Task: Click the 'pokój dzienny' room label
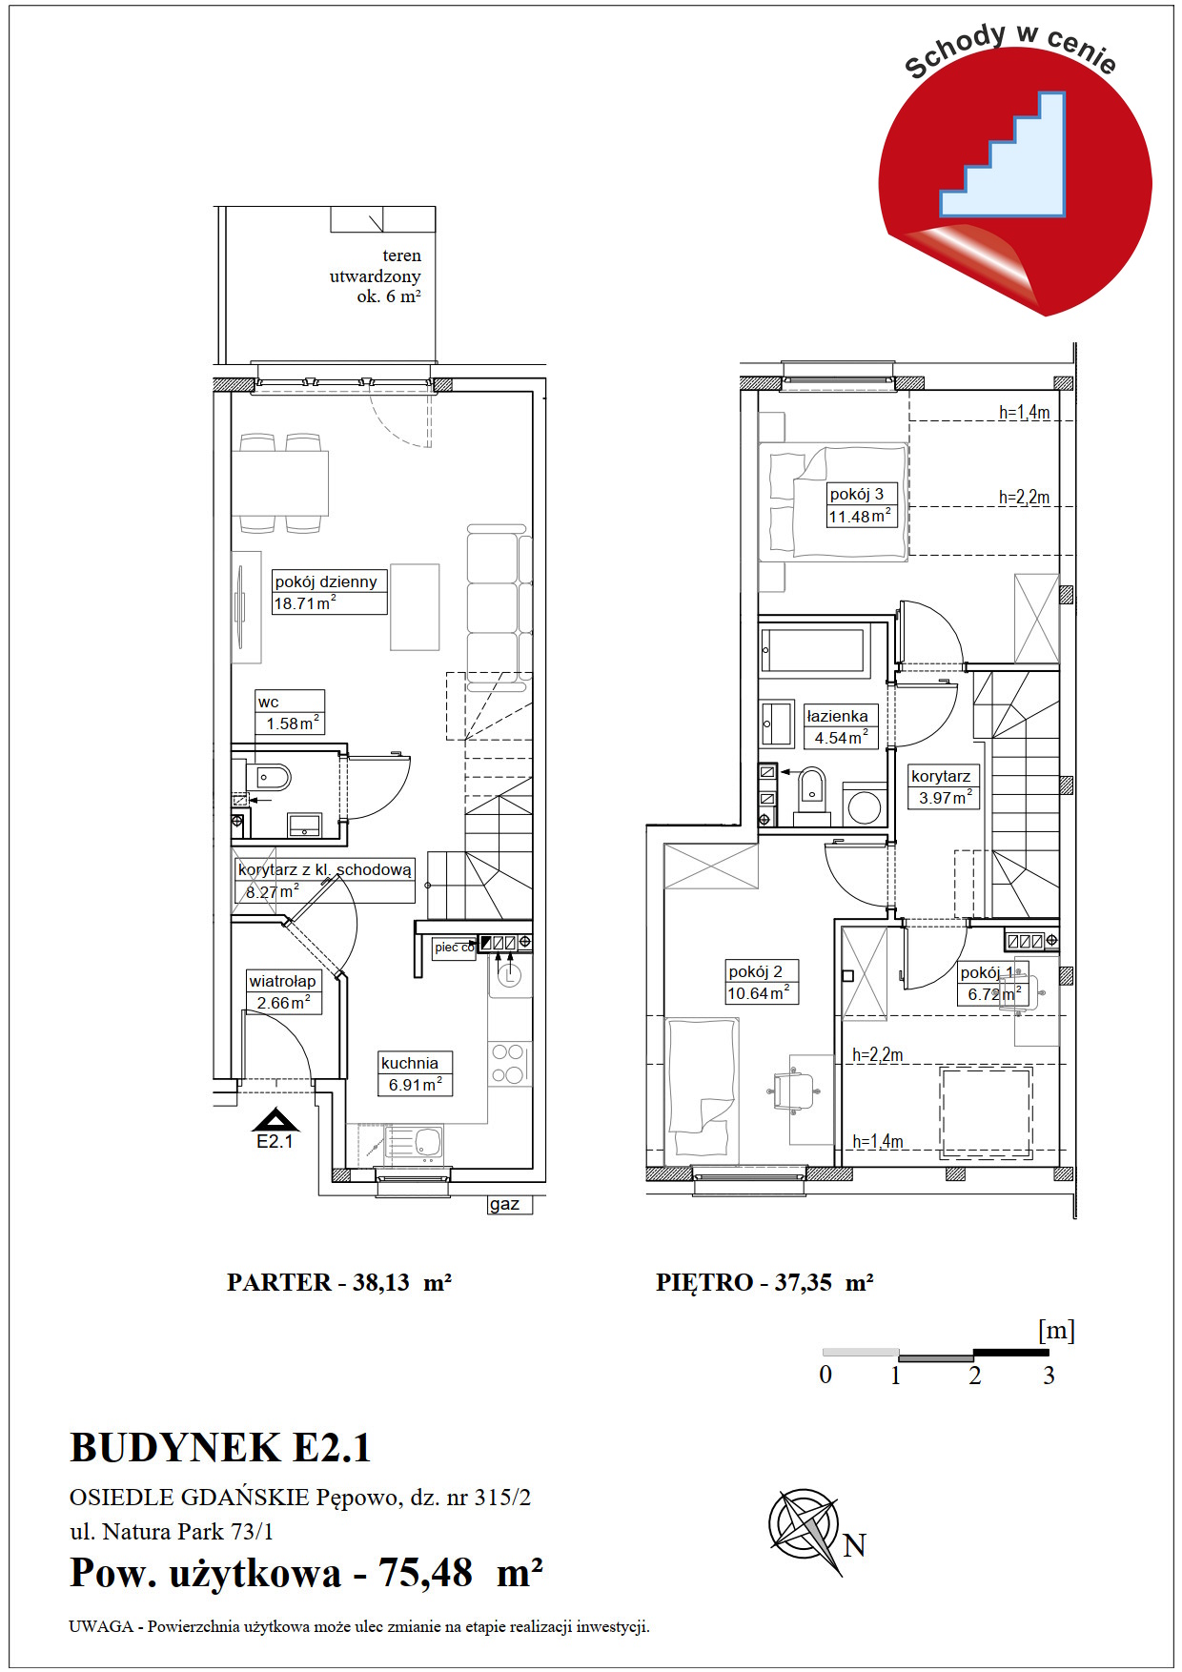tap(326, 581)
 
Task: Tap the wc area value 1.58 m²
tap(293, 724)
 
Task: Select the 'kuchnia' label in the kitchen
tap(410, 1063)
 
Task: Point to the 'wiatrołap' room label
tap(282, 981)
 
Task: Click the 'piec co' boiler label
tap(454, 948)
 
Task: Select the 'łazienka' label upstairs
tap(837, 716)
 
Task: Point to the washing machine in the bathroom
tap(865, 805)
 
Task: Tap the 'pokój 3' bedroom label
tap(856, 494)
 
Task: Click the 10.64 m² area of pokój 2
tap(759, 993)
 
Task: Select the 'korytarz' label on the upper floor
tap(940, 776)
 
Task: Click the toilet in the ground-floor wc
tap(271, 778)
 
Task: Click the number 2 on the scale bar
tap(974, 1376)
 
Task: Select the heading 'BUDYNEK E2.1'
tap(220, 1448)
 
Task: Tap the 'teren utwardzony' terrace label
tap(376, 275)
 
